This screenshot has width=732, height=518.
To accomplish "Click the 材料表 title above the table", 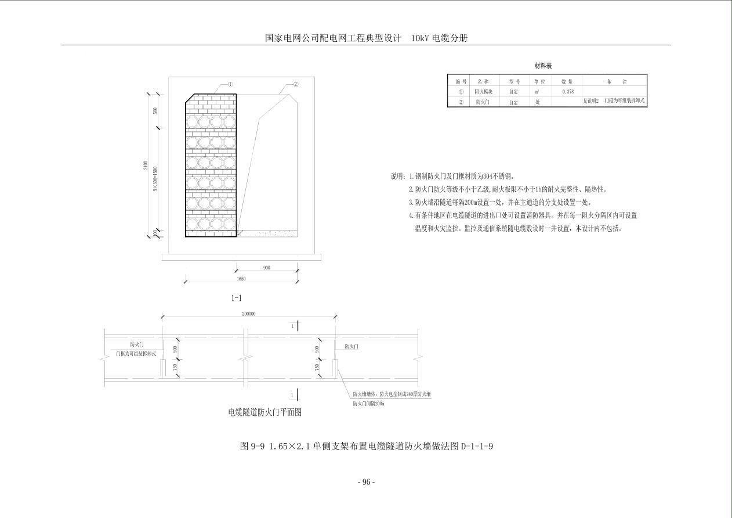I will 543,66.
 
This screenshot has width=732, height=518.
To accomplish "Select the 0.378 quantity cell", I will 568,92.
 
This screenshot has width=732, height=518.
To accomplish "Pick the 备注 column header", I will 615,82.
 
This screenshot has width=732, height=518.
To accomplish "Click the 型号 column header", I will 514,82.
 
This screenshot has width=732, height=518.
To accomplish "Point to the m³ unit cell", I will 538,92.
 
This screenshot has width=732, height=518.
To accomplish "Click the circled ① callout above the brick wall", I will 230,85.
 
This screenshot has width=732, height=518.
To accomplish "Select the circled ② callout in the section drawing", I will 295,85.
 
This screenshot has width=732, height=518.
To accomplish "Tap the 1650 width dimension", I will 241,279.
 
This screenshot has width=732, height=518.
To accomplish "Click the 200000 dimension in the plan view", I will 248,314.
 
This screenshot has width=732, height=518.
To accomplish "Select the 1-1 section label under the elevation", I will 237,298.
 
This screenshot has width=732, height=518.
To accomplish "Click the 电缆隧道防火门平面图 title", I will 265,412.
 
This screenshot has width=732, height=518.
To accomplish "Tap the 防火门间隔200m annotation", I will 369,403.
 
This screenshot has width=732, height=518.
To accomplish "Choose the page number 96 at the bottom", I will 366,482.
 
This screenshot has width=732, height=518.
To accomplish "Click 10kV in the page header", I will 419,38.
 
